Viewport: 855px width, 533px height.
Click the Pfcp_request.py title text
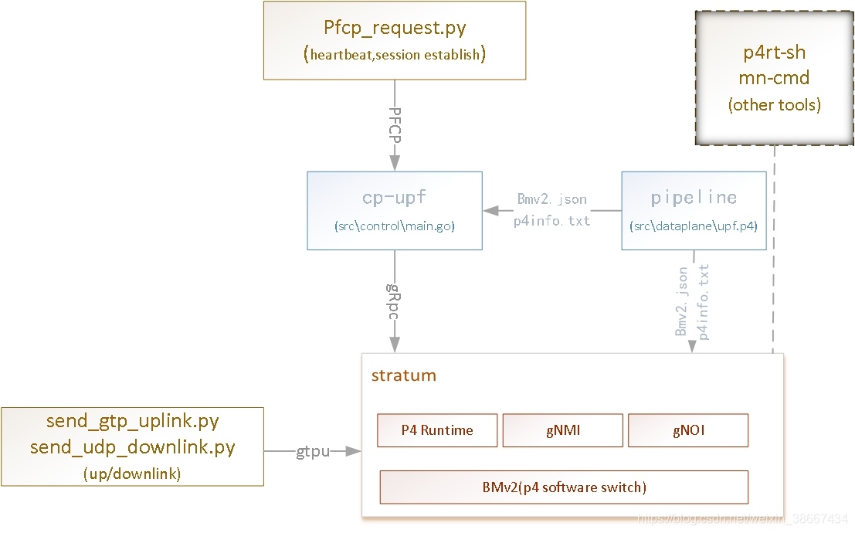coord(395,28)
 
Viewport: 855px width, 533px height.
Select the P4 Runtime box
coord(437,430)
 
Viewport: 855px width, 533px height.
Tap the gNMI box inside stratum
coord(563,430)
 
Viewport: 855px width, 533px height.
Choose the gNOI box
coord(688,430)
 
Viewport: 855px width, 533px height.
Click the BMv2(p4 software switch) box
coord(564,487)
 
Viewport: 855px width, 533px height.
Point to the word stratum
coord(403,375)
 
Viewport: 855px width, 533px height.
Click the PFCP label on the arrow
coord(395,125)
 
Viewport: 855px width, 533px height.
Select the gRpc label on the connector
coord(394,302)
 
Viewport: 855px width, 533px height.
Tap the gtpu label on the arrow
coord(313,452)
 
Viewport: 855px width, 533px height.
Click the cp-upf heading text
coord(394,197)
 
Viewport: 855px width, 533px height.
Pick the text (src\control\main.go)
coord(394,226)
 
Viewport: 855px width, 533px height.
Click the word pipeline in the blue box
coord(694,198)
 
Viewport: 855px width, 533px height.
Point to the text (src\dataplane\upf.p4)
coord(694,226)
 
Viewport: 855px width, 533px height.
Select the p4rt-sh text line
coord(775,53)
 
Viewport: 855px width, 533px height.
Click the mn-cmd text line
coord(775,78)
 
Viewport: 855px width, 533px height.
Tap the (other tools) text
coord(775,104)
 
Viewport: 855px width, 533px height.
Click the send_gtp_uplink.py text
coord(133,421)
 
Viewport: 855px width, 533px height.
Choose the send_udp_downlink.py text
coord(133,447)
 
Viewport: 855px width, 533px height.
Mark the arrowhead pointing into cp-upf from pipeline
coord(490,211)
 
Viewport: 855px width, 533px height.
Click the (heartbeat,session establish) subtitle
coord(395,55)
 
